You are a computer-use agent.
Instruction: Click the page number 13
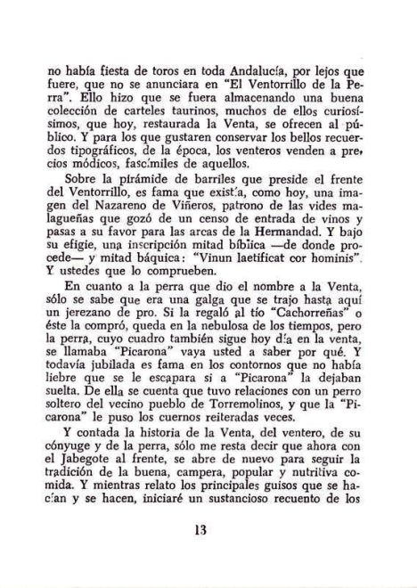[x=211, y=534]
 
